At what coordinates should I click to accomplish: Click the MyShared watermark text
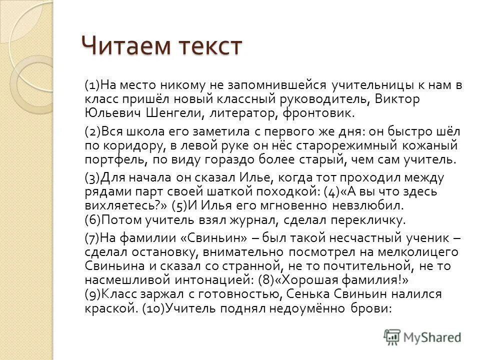(x=433, y=337)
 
